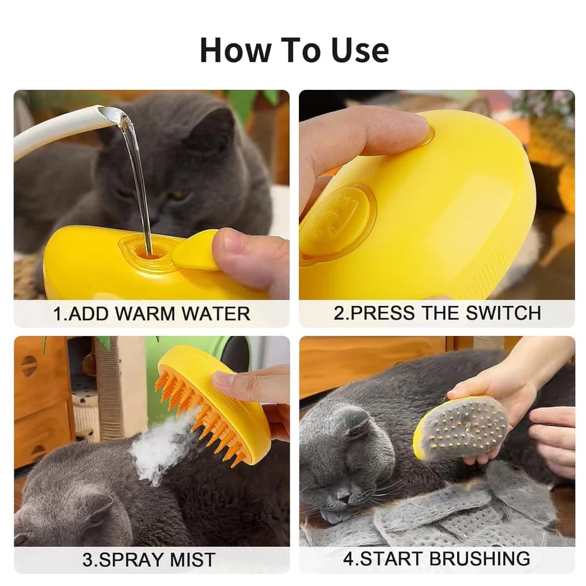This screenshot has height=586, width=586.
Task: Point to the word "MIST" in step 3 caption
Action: (192, 560)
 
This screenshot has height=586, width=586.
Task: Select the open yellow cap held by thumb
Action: (195, 251)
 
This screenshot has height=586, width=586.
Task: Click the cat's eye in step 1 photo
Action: (178, 195)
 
